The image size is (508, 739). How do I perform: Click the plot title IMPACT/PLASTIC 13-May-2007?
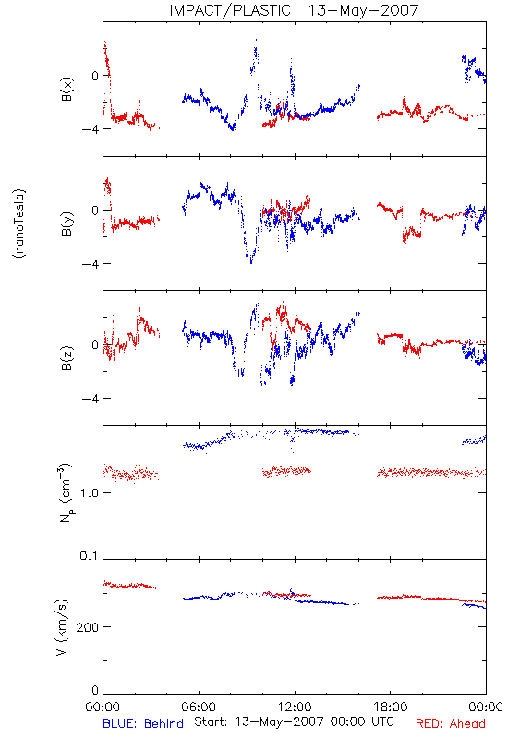click(x=294, y=10)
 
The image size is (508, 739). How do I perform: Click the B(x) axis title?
click(x=67, y=89)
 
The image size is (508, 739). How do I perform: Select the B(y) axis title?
click(x=67, y=224)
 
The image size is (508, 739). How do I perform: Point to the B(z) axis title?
click(x=67, y=358)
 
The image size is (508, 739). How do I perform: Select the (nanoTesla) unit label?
click(x=19, y=224)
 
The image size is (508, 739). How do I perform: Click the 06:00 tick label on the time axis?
click(x=199, y=707)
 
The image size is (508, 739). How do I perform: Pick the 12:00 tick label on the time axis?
click(x=295, y=707)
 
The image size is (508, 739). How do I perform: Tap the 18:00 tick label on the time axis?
click(x=391, y=707)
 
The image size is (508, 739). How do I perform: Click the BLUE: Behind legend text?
click(x=143, y=723)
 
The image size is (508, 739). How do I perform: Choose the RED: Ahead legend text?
click(x=451, y=723)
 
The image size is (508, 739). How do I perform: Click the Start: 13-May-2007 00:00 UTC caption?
click(x=294, y=721)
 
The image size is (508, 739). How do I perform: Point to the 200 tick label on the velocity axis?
click(x=88, y=627)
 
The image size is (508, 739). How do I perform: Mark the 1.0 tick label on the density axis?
click(x=89, y=493)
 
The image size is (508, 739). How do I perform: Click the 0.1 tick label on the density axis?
click(x=89, y=556)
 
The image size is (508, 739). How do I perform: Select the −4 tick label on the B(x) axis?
click(x=91, y=129)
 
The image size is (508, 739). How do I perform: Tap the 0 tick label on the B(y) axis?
click(x=96, y=211)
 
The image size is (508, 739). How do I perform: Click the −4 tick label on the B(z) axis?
click(x=91, y=399)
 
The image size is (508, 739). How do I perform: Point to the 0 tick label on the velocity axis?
click(x=96, y=690)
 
